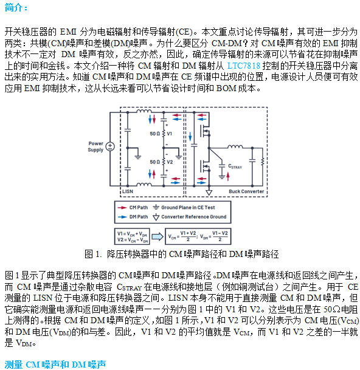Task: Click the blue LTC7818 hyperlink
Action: coord(243,66)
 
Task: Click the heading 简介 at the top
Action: coord(13,7)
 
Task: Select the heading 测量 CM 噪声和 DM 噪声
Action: coord(55,365)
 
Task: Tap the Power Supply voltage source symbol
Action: coord(110,146)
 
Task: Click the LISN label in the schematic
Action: coord(128,191)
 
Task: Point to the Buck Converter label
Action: coord(246,191)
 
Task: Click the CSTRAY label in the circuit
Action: coord(235,166)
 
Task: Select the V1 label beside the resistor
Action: coord(170,134)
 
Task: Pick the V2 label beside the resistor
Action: coord(170,162)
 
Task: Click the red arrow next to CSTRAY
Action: coord(228,177)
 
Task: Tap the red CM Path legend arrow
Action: coord(122,208)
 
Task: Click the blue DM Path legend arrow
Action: coord(122,217)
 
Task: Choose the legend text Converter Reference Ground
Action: coord(194,217)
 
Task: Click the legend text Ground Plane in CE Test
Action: coord(188,208)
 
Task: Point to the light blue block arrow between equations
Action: coord(157,236)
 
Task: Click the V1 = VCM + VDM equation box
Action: coord(132,236)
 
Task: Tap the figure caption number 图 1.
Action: coord(93,254)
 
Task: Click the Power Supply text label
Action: coord(95,146)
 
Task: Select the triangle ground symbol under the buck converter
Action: coord(209,193)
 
